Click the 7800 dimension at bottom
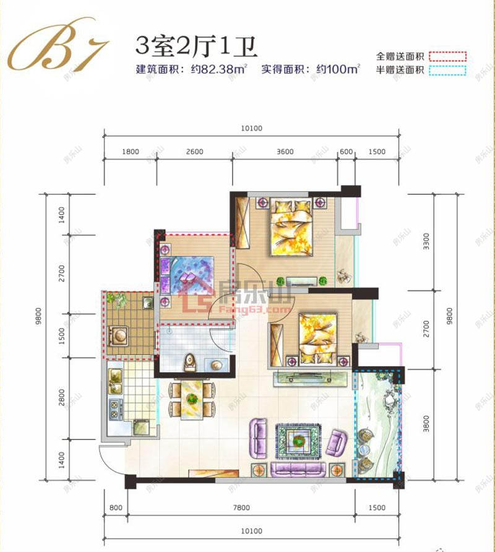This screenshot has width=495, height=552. (x=241, y=508)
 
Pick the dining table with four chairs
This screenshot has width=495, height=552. (x=192, y=400)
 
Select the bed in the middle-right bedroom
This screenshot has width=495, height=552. (x=316, y=338)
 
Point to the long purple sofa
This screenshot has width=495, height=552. (x=299, y=469)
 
